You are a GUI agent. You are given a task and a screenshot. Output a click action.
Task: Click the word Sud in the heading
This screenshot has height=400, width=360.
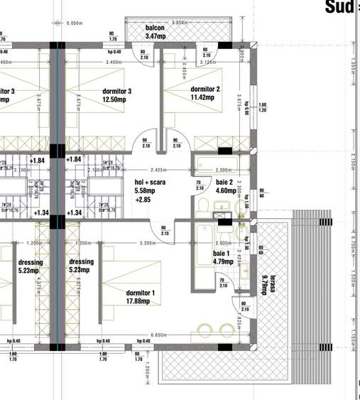click(339, 7)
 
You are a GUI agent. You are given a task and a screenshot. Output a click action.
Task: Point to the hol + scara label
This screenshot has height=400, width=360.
click(150, 182)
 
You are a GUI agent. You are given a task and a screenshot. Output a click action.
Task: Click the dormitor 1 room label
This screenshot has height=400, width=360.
click(141, 293)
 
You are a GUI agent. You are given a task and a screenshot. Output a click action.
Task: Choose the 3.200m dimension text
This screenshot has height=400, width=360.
click(148, 243)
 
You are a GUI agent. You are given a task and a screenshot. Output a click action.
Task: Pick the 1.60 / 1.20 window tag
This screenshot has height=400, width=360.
click(262, 108)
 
